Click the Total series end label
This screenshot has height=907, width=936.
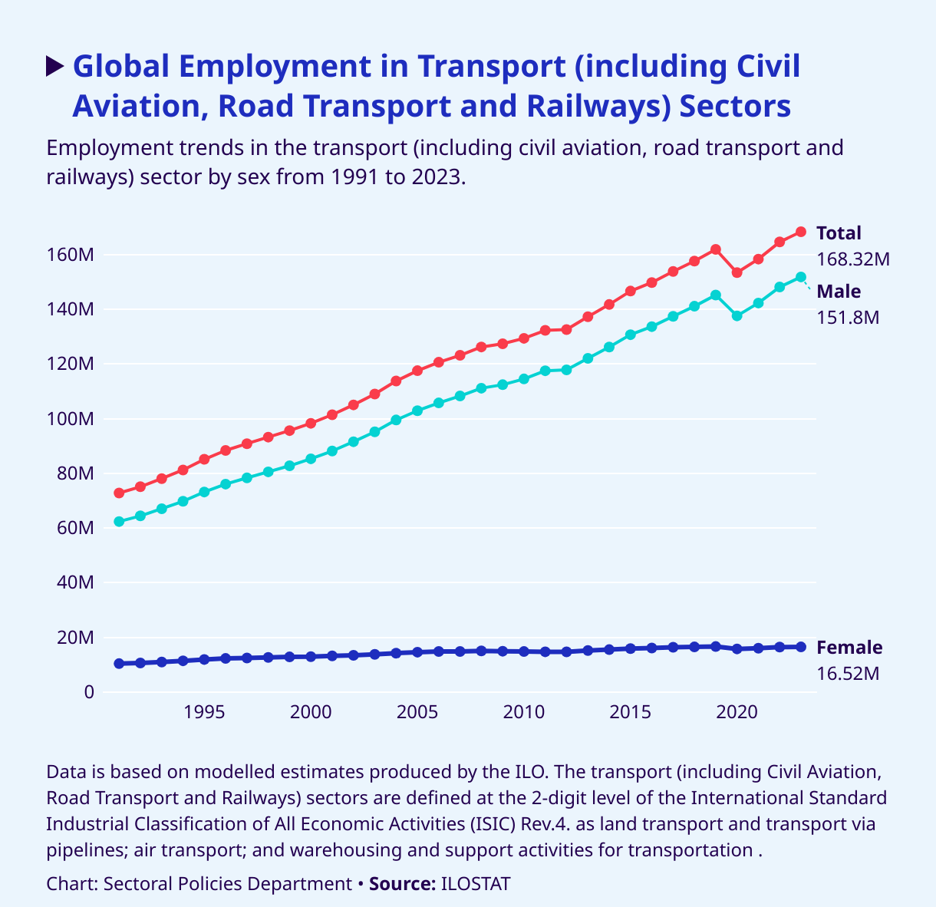(x=839, y=233)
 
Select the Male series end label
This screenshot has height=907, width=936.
(x=839, y=292)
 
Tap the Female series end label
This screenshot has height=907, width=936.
(x=849, y=648)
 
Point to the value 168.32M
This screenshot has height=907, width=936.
(x=853, y=259)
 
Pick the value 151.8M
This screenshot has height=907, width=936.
(x=848, y=317)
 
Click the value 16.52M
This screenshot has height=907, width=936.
(x=848, y=674)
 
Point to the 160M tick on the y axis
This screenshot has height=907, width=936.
(x=76, y=255)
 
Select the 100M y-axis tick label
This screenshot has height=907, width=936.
(x=76, y=419)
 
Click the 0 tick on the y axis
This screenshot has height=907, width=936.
(x=89, y=692)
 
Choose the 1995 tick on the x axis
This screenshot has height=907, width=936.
(x=204, y=712)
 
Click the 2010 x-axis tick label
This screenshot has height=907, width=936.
(x=524, y=712)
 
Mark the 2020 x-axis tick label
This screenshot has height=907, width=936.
(x=737, y=712)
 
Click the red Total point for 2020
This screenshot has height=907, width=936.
(x=737, y=272)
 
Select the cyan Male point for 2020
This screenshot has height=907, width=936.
(x=737, y=316)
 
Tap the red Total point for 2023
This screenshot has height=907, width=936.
(x=801, y=232)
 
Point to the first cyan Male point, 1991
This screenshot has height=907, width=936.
(x=119, y=522)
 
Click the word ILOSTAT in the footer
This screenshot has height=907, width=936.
(x=476, y=884)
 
